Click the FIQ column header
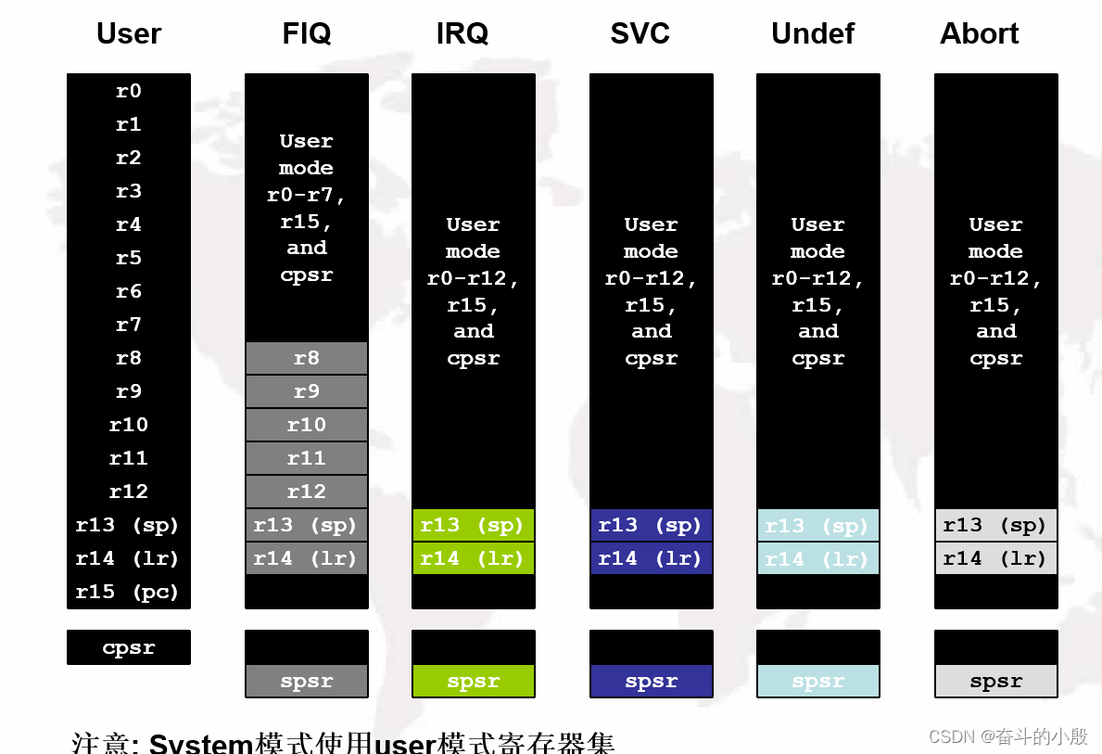coord(306,34)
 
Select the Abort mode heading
coord(979,34)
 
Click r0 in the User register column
coord(129,91)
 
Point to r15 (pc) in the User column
coord(128,592)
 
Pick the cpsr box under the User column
coord(129,647)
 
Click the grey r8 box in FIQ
coord(307,358)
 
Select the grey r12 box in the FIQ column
coord(307,492)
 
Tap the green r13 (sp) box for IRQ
coord(473,525)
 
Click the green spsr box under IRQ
coord(473,681)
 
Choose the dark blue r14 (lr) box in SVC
coord(651,558)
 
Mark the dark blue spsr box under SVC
coord(651,681)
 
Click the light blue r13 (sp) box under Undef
coord(817,525)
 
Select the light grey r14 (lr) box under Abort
coord(995,558)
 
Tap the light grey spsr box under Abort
coord(995,681)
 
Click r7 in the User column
coord(129,325)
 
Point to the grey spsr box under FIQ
coord(307,681)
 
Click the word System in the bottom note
coord(201,743)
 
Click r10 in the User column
coord(129,425)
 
